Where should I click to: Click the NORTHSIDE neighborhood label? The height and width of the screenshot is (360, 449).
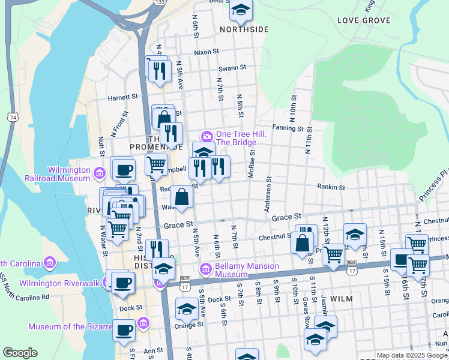pyautogui.click(x=244, y=29)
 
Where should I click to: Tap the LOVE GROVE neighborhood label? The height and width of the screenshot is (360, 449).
pyautogui.click(x=364, y=20)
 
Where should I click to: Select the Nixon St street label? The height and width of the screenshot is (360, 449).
pyautogui.click(x=206, y=52)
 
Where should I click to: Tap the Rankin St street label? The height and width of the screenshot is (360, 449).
pyautogui.click(x=331, y=187)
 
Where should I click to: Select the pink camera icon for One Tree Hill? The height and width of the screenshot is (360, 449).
pyautogui.click(x=206, y=134)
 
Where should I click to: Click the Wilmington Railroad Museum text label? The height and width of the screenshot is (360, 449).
pyautogui.click(x=57, y=174)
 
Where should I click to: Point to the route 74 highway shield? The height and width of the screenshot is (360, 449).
pyautogui.click(x=13, y=117)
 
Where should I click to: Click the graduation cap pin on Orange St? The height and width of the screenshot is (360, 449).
pyautogui.click(x=187, y=310)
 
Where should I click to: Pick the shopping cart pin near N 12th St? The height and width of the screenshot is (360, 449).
pyautogui.click(x=333, y=253)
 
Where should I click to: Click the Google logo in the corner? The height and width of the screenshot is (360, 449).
pyautogui.click(x=20, y=353)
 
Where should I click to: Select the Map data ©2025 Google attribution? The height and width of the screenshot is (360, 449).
pyautogui.click(x=412, y=355)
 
